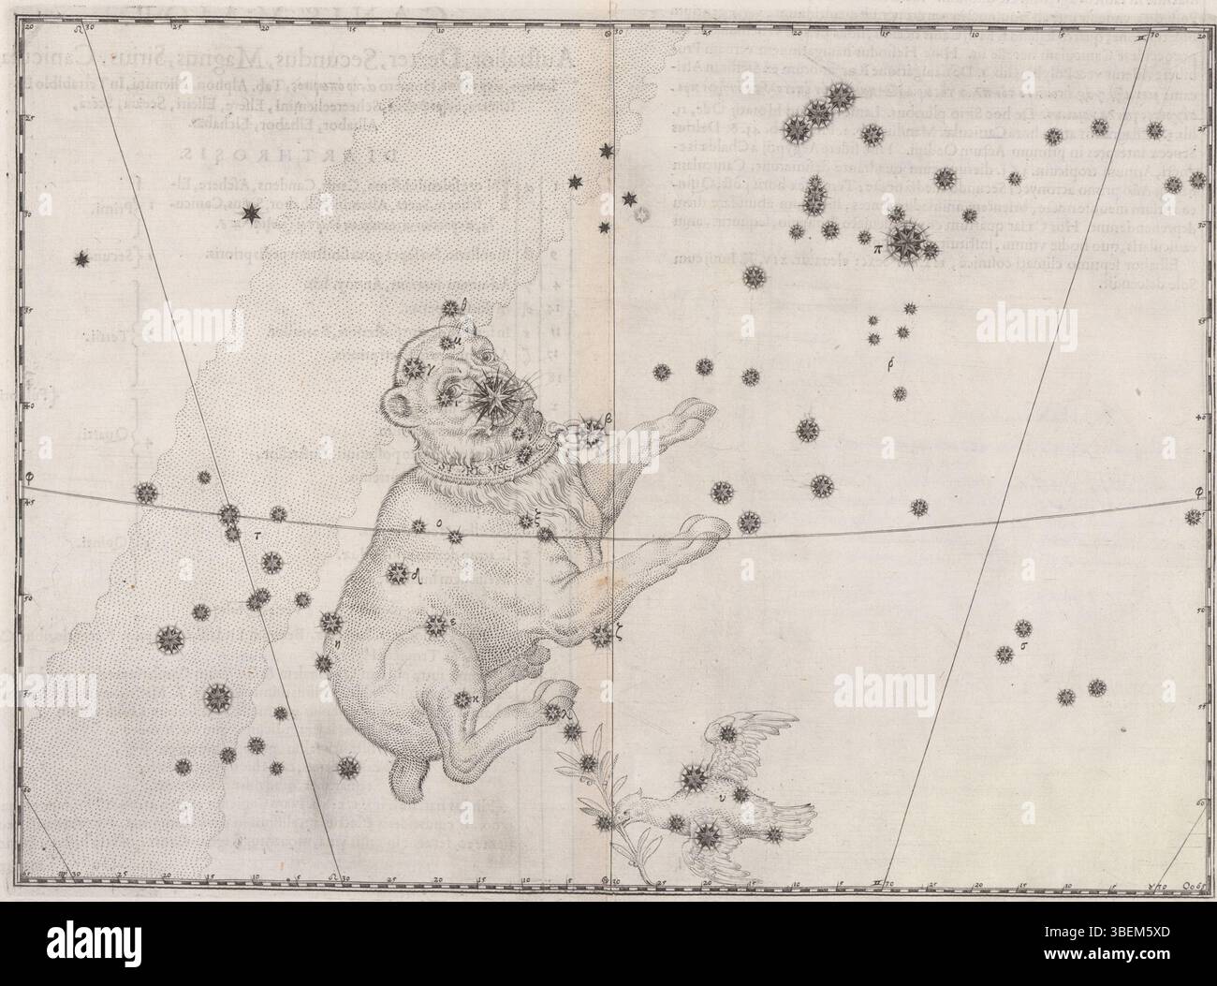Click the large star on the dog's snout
[489, 397]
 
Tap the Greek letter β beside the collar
[607, 420]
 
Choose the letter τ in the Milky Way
[257, 537]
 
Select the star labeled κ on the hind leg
[462, 699]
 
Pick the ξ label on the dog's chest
[540, 526]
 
